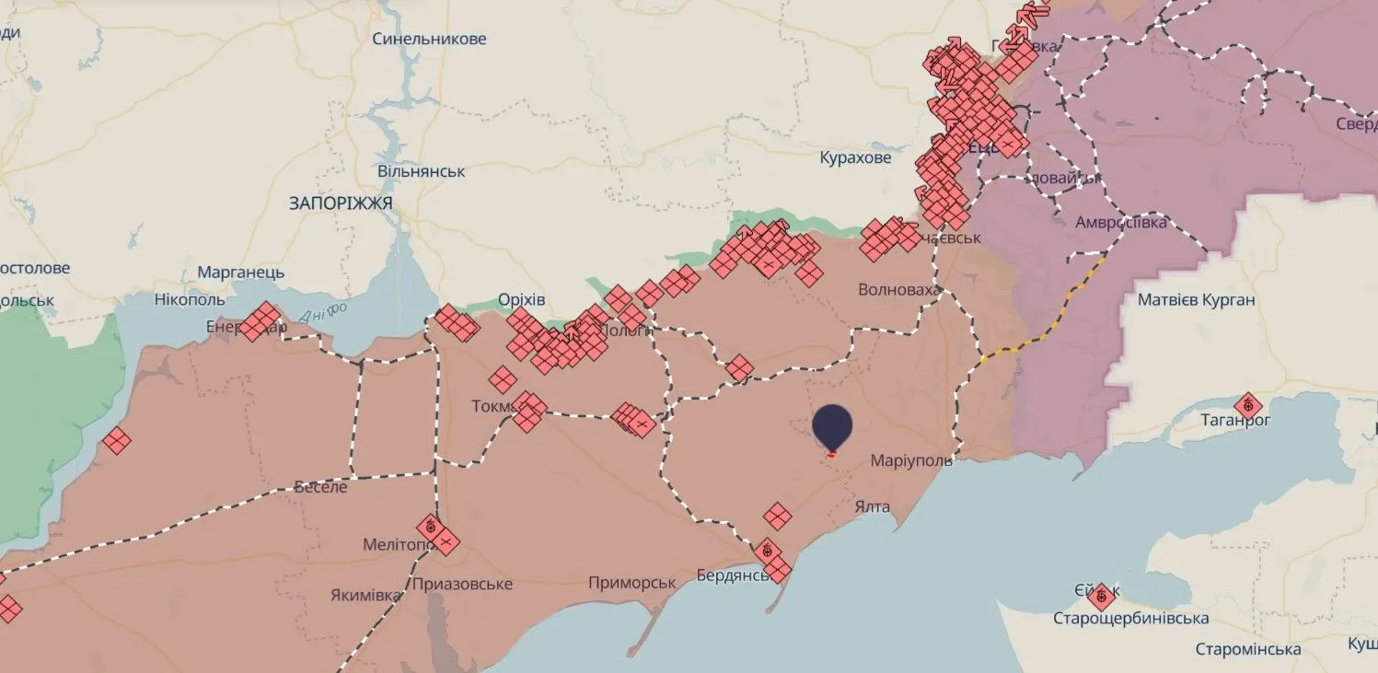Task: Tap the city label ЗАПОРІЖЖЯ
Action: tap(341, 203)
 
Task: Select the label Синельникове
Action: tap(429, 40)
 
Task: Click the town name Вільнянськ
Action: tap(421, 172)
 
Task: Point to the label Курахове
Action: tap(855, 158)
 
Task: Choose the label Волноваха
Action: tap(899, 290)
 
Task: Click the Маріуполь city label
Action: tap(911, 460)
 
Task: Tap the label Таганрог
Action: tap(1235, 421)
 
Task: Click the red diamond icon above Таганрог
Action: tap(1248, 403)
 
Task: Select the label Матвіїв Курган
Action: tap(1196, 300)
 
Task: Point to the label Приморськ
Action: tap(632, 583)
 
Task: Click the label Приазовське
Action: tap(461, 585)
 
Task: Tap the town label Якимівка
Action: tap(365, 596)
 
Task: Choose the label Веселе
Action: tap(320, 487)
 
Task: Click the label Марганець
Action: tap(240, 273)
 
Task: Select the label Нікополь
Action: tap(189, 300)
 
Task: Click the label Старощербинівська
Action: tap(1130, 619)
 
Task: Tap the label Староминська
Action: tap(1247, 649)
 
